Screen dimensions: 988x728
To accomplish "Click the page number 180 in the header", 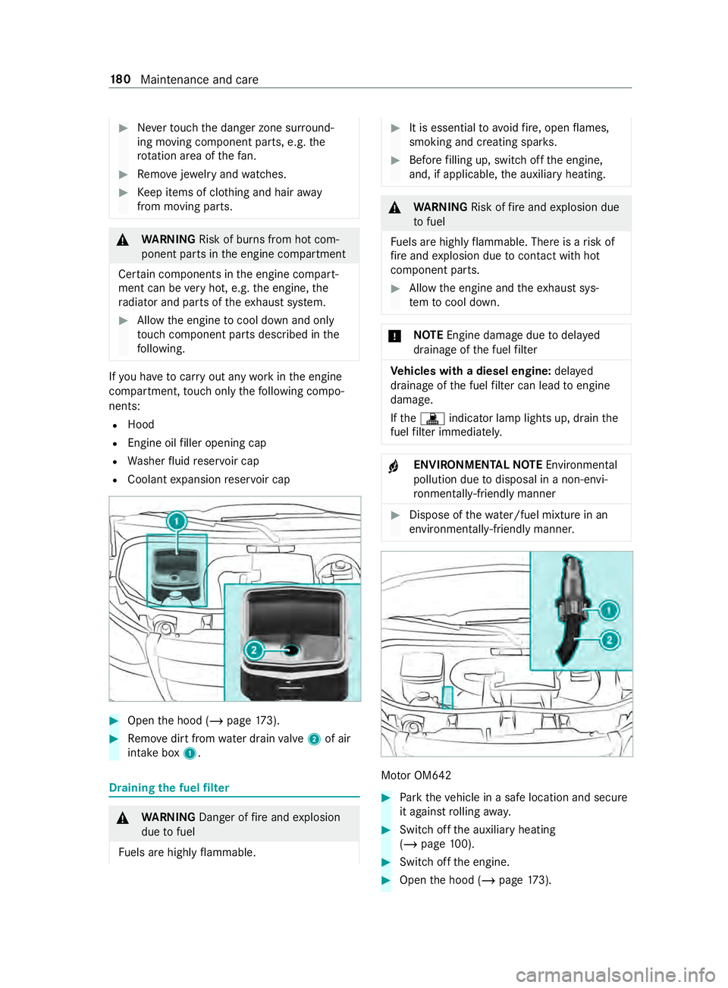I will (x=120, y=80).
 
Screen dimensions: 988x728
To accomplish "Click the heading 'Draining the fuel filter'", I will (x=169, y=788).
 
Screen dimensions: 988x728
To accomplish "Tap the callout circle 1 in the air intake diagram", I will (x=177, y=521).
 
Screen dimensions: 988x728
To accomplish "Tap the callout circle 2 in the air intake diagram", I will (x=254, y=650).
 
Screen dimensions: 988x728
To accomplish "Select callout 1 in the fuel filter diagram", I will (x=609, y=610).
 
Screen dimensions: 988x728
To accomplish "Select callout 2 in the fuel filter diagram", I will (x=609, y=640).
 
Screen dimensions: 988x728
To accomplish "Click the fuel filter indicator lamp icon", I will (x=432, y=418).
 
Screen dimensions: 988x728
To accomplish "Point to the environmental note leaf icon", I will (x=394, y=467).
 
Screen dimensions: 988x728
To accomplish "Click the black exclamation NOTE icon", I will (x=395, y=336).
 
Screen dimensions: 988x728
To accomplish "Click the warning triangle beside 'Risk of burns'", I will (x=123, y=240).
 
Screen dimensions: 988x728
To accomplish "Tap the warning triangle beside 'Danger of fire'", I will (x=123, y=818).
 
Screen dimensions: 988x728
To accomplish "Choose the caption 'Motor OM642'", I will (x=416, y=776).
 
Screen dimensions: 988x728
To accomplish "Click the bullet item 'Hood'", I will (x=141, y=425).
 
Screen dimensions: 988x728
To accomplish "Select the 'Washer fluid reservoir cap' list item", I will (x=193, y=461).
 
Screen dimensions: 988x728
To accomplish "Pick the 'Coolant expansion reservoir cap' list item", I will (x=209, y=480).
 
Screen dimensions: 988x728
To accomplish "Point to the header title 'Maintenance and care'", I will (x=199, y=80).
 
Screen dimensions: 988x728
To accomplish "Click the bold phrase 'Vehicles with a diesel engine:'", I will (x=470, y=371).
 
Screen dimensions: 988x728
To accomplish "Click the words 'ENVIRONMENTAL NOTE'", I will (x=478, y=464).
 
